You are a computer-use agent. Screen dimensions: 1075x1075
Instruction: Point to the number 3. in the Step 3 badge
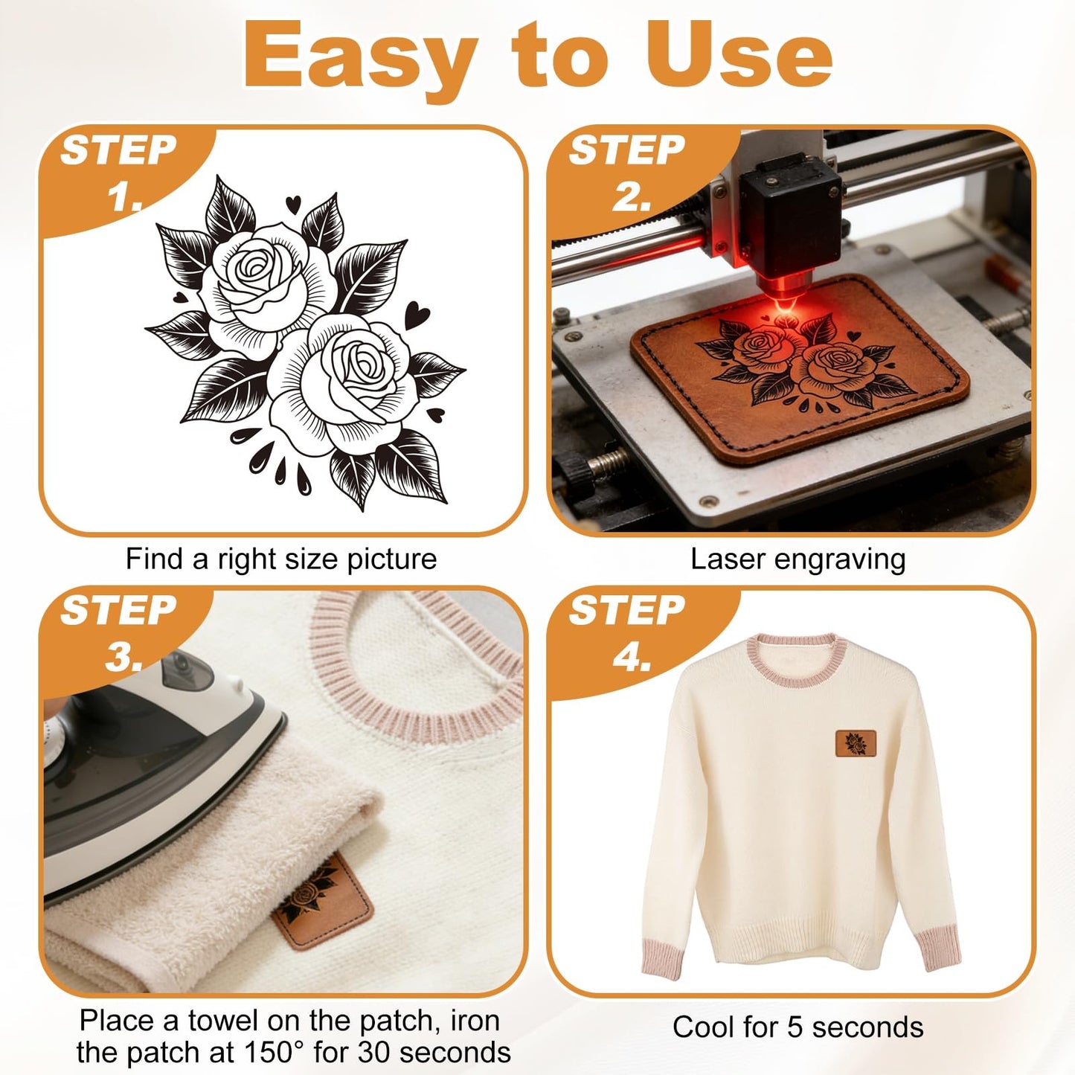[x=123, y=657]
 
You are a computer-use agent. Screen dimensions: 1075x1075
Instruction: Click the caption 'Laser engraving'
[x=798, y=560]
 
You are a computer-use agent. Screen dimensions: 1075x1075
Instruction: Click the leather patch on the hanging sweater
[x=856, y=744]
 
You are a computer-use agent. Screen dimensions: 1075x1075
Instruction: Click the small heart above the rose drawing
[x=293, y=203]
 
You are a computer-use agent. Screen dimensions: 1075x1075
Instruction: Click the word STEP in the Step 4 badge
[x=626, y=610]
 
